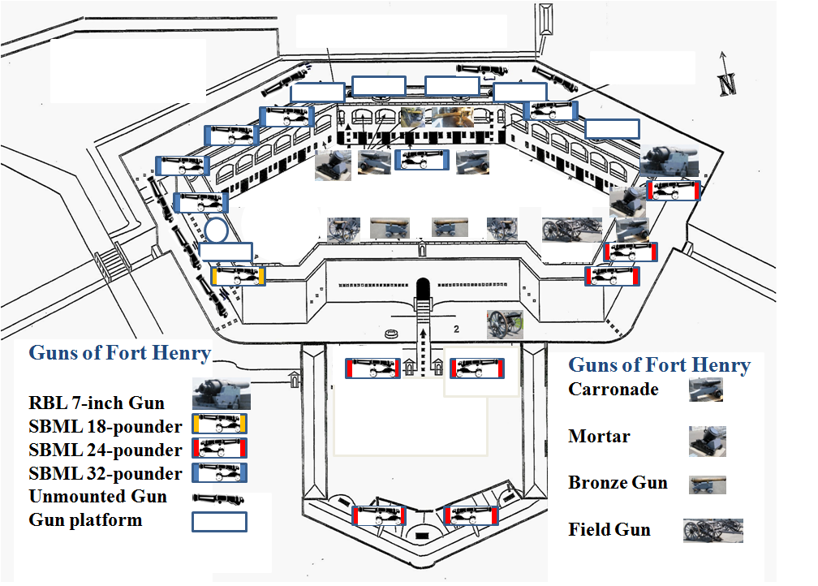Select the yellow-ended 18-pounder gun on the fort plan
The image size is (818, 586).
click(x=238, y=277)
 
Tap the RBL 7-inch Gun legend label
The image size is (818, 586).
click(x=97, y=403)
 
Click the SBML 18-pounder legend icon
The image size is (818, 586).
click(x=219, y=424)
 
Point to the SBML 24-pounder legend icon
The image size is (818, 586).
click(x=219, y=448)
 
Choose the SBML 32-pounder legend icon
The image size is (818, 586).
click(x=219, y=472)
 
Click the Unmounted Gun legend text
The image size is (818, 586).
click(x=97, y=497)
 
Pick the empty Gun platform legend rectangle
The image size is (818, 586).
click(x=219, y=521)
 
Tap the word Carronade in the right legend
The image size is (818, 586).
click(x=613, y=389)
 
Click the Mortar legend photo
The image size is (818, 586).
click(x=707, y=441)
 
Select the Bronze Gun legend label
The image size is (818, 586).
click(x=618, y=483)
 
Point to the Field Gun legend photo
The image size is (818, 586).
click(x=713, y=530)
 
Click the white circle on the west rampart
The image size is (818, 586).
click(x=216, y=231)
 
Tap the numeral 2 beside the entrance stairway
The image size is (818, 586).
click(x=458, y=329)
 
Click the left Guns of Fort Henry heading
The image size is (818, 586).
click(x=119, y=353)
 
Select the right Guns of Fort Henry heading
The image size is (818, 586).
click(x=659, y=365)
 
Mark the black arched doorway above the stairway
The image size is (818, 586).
click(x=423, y=288)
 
